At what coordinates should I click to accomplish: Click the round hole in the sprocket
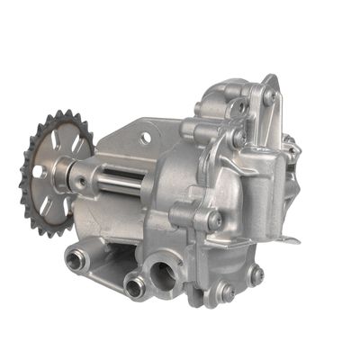(39, 170)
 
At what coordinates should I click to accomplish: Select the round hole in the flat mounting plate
(145, 139)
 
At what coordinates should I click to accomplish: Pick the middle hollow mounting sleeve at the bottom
(136, 287)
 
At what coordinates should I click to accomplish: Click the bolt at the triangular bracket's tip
(269, 94)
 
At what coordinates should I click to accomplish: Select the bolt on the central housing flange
(213, 219)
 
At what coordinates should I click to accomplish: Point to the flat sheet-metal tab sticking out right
(290, 238)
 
